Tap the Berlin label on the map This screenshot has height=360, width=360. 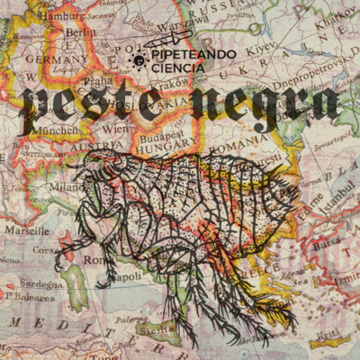point(80,32)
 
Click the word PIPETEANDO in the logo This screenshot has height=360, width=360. point(192,55)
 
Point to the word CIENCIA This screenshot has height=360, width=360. point(178,67)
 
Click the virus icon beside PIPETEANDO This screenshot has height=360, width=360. point(139,60)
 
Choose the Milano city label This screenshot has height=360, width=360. point(66,186)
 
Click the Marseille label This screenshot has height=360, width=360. point(26,229)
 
